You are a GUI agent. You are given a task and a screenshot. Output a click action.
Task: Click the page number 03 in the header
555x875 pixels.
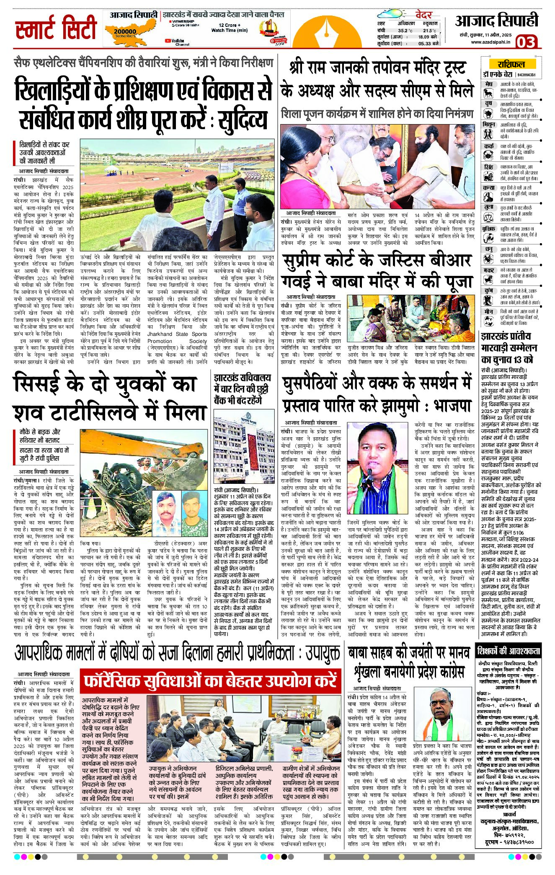[526, 42]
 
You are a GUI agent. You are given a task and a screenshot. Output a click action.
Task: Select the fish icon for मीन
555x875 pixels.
[488, 320]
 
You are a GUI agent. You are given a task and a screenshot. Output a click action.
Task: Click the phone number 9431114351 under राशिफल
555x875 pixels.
[527, 75]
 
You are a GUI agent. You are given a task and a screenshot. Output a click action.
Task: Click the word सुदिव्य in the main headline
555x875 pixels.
[240, 119]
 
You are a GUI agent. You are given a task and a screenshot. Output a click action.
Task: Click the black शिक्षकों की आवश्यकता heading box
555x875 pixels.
[509, 652]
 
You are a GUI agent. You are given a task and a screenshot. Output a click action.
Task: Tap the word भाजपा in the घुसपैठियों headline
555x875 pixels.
[452, 405]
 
